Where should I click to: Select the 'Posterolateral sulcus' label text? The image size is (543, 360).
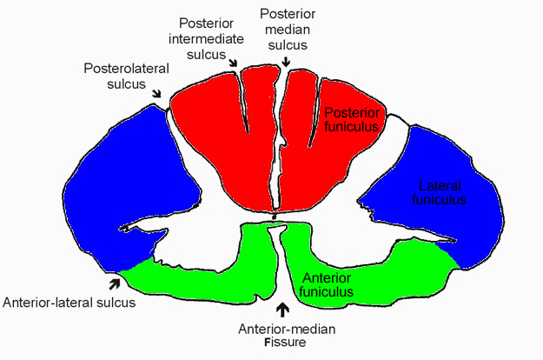(121, 75)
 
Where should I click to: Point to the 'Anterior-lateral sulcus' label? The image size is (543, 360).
(70, 303)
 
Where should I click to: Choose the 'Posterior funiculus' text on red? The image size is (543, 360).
(352, 119)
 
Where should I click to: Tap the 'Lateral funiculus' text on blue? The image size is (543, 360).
(442, 193)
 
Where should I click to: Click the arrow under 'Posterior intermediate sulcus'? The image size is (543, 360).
(234, 62)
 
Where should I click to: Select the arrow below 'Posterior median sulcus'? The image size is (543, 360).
(286, 60)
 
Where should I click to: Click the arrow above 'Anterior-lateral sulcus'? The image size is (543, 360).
(113, 282)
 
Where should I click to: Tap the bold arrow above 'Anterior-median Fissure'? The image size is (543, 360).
(281, 309)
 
